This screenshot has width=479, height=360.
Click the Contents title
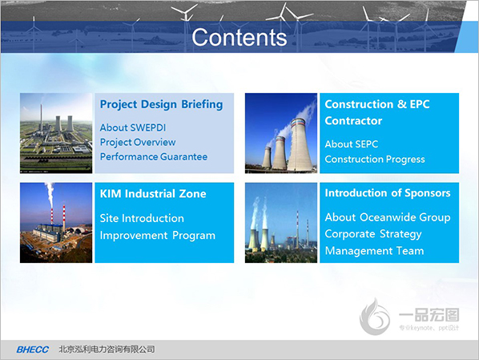[x=239, y=38]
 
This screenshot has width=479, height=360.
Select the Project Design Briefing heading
[x=161, y=104]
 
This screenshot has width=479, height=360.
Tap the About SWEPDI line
[x=133, y=127]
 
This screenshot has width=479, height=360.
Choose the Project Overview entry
[x=138, y=142]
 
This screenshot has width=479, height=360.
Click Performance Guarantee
[x=154, y=156]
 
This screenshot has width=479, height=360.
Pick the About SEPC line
[x=352, y=144]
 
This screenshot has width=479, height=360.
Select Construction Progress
[x=375, y=160]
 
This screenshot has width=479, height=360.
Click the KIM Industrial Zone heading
[x=153, y=193]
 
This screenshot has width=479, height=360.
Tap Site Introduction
[x=142, y=218]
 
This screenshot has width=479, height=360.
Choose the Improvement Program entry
[x=158, y=236]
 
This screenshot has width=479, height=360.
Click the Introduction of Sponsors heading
[x=388, y=193]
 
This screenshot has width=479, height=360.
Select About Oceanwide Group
[x=388, y=217]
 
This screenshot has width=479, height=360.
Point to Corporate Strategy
[x=373, y=234]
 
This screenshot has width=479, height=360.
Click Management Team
[x=374, y=251]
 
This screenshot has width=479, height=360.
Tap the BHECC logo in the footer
[x=32, y=350]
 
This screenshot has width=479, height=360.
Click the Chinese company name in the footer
[x=107, y=350]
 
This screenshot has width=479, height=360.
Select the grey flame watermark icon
[x=375, y=317]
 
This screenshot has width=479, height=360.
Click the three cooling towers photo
[x=281, y=133]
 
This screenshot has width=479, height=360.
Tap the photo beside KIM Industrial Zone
[x=56, y=223]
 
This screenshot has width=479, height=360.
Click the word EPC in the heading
[x=420, y=104]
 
